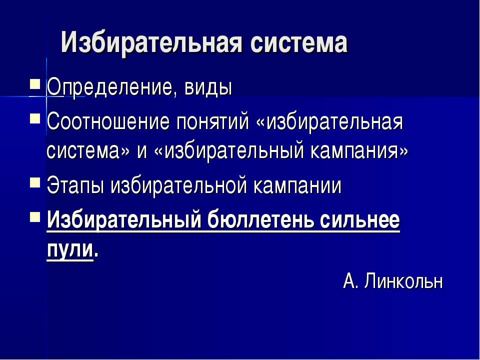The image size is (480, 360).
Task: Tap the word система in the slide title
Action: pyautogui.click(x=298, y=43)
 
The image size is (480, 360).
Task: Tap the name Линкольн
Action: pyautogui.click(x=404, y=281)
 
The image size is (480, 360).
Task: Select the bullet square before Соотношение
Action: pyautogui.click(x=34, y=118)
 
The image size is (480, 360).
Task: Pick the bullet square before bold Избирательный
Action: pyautogui.click(x=34, y=215)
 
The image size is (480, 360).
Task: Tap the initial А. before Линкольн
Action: pyautogui.click(x=350, y=281)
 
